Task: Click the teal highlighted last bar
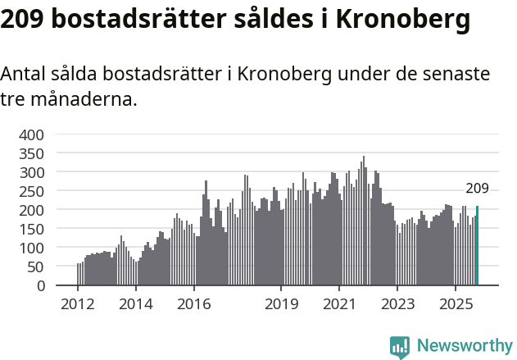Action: (x=477, y=246)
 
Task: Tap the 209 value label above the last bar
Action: (x=477, y=189)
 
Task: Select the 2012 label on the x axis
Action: (x=78, y=305)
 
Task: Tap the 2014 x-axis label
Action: (x=136, y=305)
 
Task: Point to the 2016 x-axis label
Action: (x=193, y=305)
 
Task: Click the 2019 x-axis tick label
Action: (x=281, y=305)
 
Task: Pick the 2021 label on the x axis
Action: (x=338, y=305)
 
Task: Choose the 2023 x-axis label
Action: (x=397, y=305)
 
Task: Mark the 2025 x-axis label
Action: (x=455, y=305)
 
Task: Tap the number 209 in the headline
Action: (x=23, y=20)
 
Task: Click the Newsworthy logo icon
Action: (x=400, y=347)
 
